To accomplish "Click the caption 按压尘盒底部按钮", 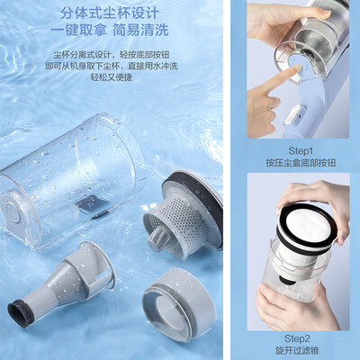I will (x=300, y=162).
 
